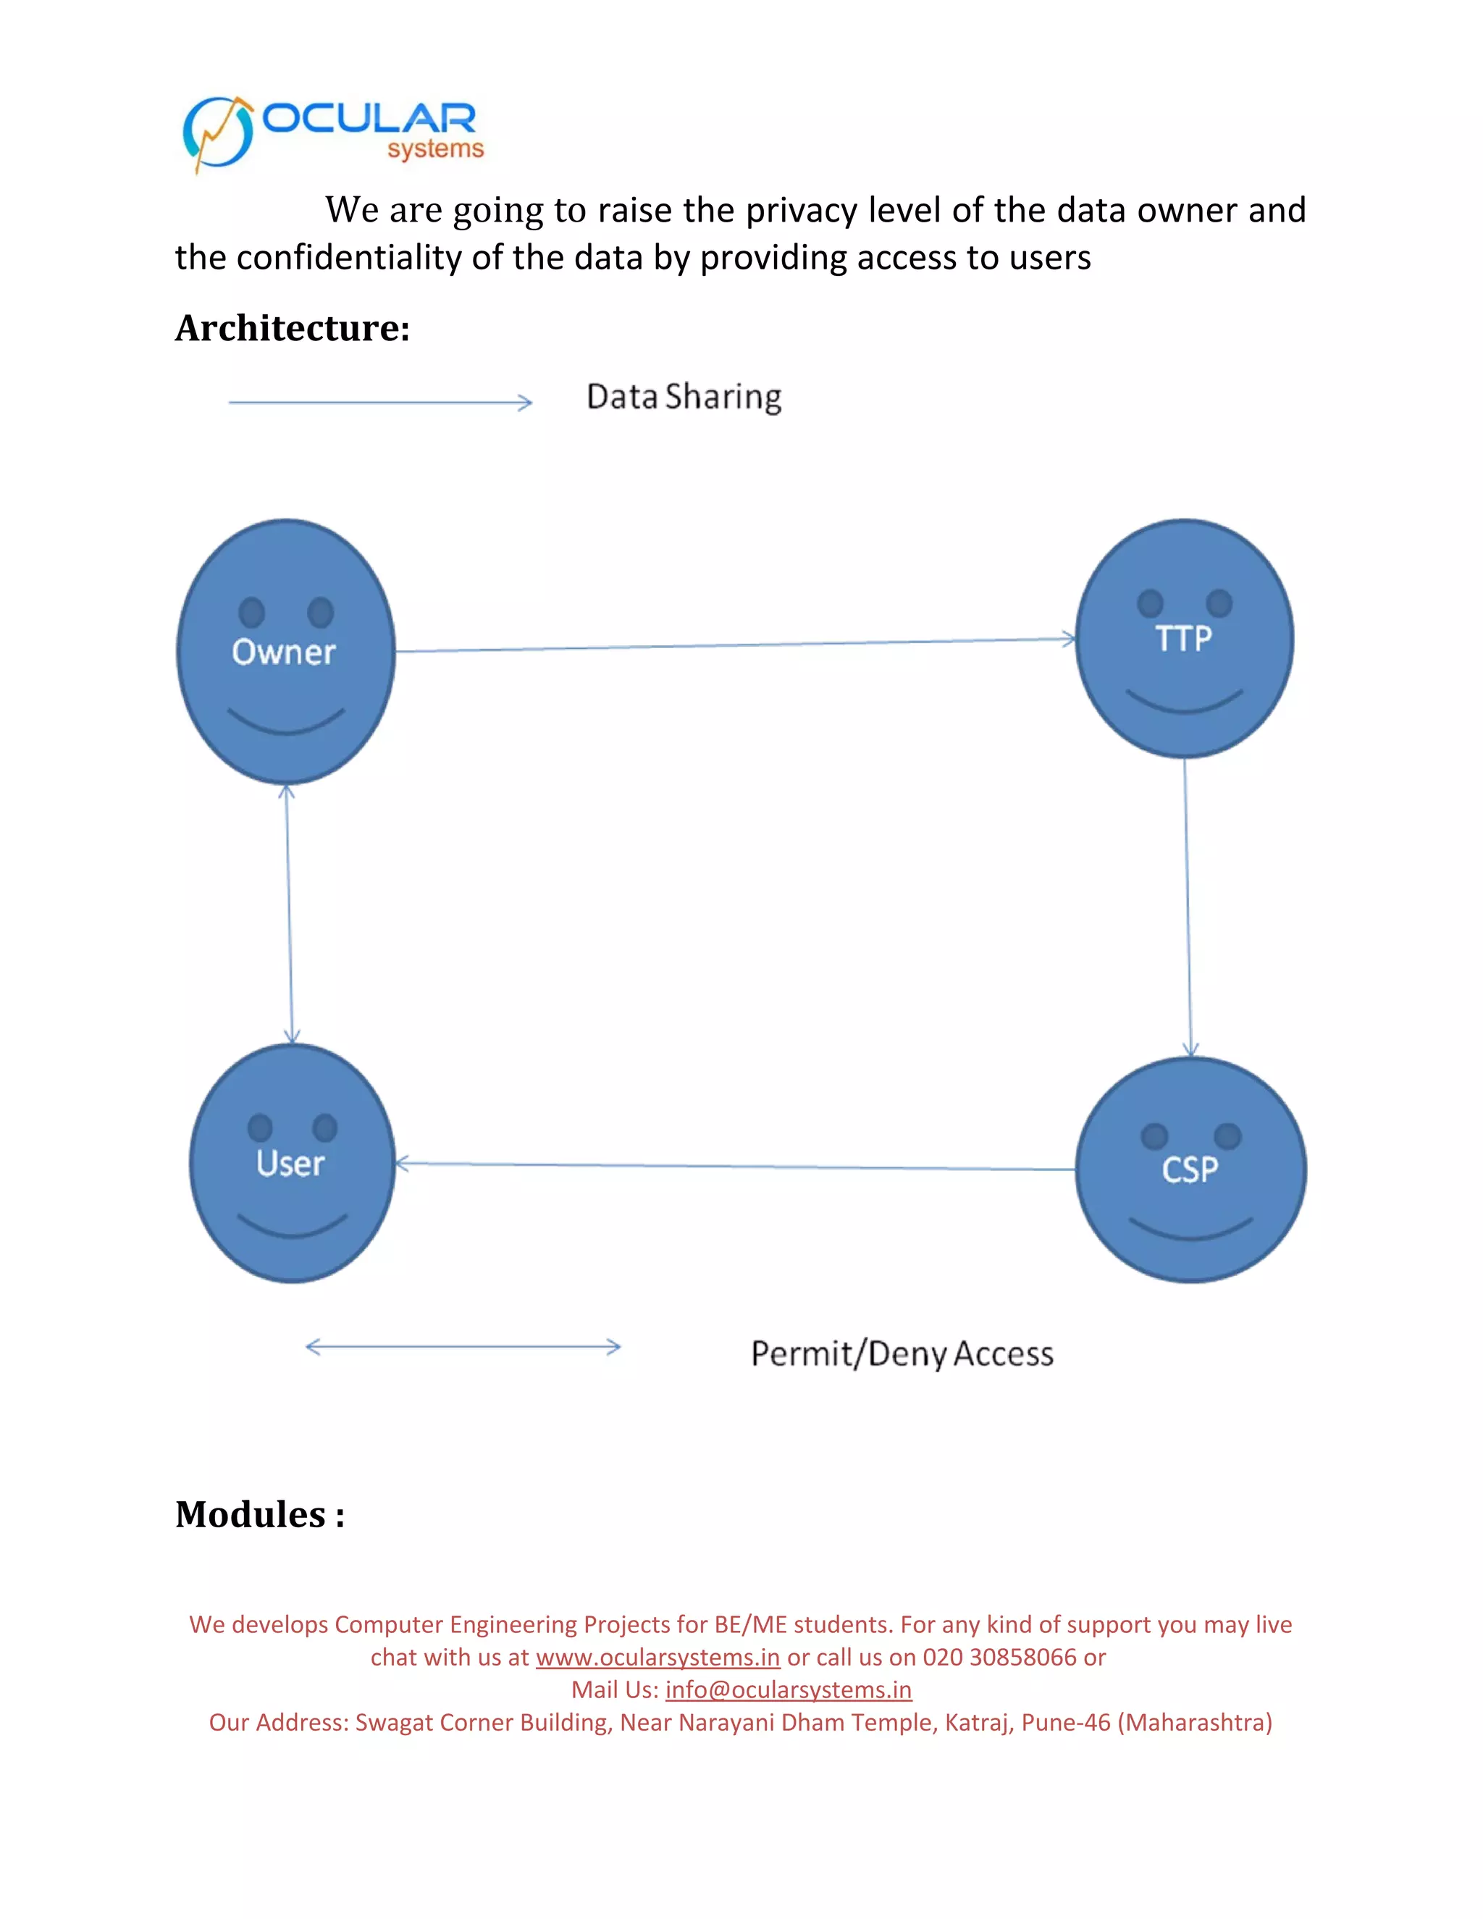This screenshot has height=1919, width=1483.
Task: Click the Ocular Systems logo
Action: [x=333, y=133]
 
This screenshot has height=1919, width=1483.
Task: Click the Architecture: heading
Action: [x=293, y=329]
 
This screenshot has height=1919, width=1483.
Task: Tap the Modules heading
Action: [x=260, y=1514]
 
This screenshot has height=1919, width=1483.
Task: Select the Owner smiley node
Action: [x=285, y=651]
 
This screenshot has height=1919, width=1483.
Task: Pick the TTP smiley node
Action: [x=1184, y=639]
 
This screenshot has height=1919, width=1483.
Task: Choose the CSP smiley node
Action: [x=1190, y=1170]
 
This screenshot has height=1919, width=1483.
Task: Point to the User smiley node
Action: [x=292, y=1164]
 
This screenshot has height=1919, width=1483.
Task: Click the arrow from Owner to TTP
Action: [x=736, y=645]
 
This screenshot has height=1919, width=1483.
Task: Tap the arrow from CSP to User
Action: [x=736, y=1166]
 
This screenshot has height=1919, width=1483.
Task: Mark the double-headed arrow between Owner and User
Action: [x=289, y=914]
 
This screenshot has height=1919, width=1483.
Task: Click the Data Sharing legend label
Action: [x=684, y=397]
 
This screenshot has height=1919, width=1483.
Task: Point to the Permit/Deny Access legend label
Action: [x=902, y=1354]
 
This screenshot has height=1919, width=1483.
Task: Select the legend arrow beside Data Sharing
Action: [x=380, y=403]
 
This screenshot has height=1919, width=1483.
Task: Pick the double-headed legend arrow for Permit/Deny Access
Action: [x=463, y=1347]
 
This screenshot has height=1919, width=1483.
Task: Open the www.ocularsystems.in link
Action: [x=658, y=1657]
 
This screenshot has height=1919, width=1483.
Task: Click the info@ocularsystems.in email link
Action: [x=788, y=1689]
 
